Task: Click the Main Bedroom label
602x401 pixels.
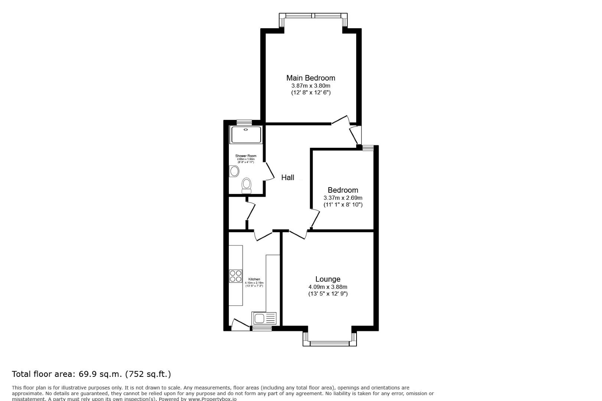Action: point(310,78)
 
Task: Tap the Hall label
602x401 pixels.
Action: point(287,177)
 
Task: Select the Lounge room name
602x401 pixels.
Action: point(328,279)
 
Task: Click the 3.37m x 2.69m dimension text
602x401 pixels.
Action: point(343,198)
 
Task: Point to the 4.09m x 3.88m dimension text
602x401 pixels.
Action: point(328,287)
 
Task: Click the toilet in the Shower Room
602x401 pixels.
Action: point(246,185)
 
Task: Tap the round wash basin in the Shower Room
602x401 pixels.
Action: point(234,171)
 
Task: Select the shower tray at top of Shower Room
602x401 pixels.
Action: point(246,135)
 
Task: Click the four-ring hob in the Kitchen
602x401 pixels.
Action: point(235,276)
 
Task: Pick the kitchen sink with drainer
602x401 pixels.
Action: point(264,318)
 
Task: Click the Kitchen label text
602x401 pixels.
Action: point(254,279)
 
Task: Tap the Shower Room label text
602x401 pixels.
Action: point(245,156)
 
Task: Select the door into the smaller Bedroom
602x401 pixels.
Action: point(315,219)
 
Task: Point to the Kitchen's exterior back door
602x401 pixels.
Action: point(240,324)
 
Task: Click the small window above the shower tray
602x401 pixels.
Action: point(244,122)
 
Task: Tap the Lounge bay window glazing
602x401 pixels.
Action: point(329,343)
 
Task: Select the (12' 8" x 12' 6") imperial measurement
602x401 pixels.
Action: point(310,92)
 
